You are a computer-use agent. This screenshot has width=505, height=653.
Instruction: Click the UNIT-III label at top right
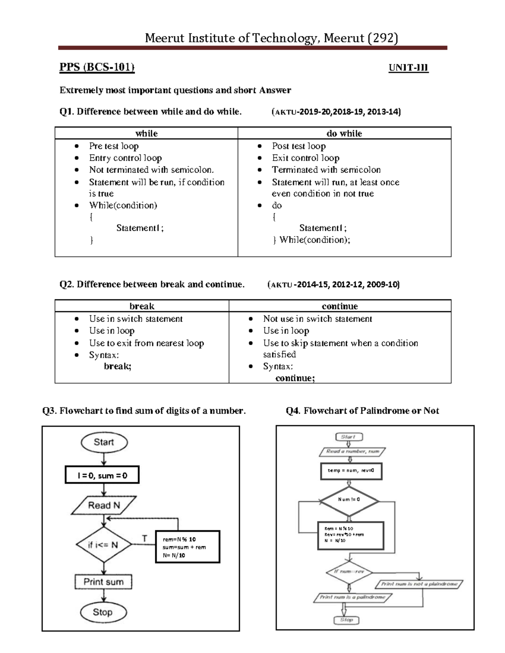coord(408,68)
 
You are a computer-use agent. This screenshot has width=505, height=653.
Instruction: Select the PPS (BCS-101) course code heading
coord(97,67)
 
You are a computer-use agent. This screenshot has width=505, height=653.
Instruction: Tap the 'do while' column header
coord(344,133)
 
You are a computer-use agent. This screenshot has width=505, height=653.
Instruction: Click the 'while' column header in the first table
coord(146,133)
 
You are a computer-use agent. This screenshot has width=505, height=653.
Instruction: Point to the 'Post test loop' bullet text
coord(298,146)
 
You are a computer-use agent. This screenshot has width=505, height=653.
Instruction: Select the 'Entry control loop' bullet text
coord(125,158)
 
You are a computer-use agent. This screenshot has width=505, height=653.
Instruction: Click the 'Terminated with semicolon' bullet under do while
coord(326,170)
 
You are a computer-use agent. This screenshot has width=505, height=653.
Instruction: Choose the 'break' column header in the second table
coord(141,306)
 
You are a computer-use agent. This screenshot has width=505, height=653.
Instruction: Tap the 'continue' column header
coord(340,306)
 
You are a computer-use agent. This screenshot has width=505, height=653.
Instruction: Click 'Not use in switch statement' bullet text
coord(317,319)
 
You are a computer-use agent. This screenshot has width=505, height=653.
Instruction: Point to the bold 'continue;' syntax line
coord(295,378)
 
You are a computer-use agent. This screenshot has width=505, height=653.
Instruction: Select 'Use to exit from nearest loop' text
coord(146,343)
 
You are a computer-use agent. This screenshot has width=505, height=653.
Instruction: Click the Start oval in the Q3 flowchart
coord(104,442)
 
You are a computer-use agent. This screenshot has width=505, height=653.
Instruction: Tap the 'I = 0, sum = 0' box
coord(102,475)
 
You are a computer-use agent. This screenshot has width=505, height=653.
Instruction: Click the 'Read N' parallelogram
coord(104,505)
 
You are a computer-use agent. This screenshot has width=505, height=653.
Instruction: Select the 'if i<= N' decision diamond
coord(103,545)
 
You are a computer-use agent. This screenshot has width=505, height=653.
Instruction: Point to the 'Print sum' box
coord(103,582)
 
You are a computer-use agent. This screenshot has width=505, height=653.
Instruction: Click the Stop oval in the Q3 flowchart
coord(103,612)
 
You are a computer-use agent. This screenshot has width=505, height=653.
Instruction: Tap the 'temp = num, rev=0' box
coord(351,471)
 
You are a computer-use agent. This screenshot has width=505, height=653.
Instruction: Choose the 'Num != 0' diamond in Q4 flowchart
coord(349,500)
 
